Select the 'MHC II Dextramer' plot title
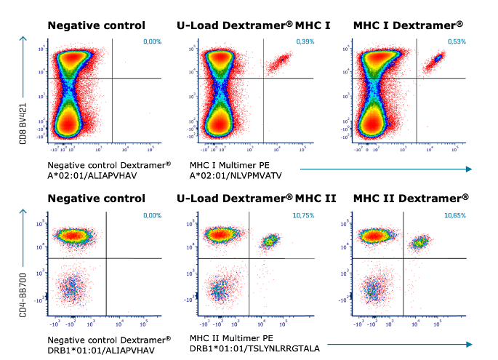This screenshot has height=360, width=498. click(x=411, y=198)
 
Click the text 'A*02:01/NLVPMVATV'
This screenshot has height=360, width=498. click(x=236, y=175)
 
